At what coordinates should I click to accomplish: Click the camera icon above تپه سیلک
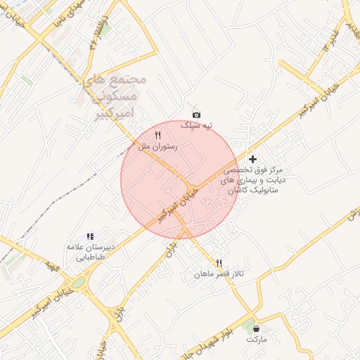pos(196,115)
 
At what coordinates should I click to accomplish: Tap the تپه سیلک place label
pos(196,125)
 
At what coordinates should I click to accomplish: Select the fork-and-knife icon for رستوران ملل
pos(158,135)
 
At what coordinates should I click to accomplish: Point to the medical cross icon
pos(253,160)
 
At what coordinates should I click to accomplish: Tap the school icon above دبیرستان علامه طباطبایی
pos(90,237)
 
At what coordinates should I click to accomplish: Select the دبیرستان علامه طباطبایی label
pos(89,252)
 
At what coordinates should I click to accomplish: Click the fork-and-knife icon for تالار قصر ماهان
pos(219,263)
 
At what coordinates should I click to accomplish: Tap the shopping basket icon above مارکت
pos(256,328)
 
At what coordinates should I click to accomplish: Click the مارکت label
pos(257,338)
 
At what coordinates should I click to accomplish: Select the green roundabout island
pos(77,283)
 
